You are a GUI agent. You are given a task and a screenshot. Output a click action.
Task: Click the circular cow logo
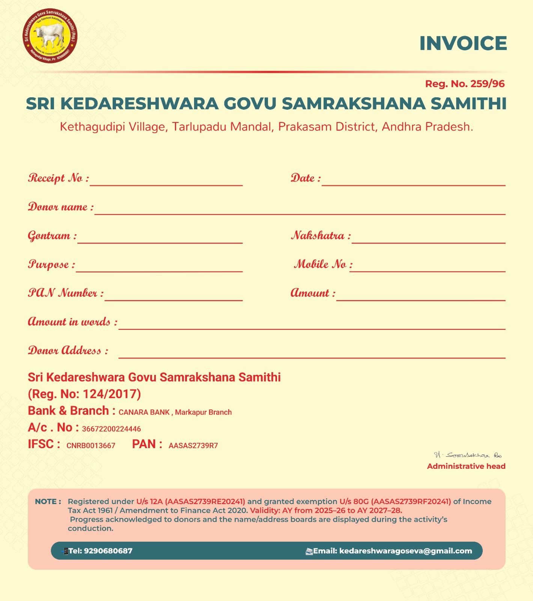[x=50, y=36]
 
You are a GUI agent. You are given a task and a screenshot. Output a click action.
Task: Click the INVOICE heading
[x=463, y=44]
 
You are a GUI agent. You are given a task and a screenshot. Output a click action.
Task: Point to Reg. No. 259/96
[x=465, y=84]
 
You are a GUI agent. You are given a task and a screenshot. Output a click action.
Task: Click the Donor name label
[x=60, y=207]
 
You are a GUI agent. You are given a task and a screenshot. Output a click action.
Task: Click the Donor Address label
[x=68, y=351]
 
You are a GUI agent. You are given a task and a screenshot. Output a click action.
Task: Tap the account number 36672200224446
[x=111, y=429]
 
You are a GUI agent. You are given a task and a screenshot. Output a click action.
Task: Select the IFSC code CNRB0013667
[x=91, y=446]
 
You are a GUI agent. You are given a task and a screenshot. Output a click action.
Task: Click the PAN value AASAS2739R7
[x=193, y=446]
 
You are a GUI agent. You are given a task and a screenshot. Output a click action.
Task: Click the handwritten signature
[x=468, y=455]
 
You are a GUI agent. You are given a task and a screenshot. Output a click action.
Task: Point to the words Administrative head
[x=466, y=467]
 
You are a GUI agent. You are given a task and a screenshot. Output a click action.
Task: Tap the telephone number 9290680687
[x=108, y=551]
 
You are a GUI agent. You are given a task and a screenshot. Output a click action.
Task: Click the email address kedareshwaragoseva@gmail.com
[x=405, y=551]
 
